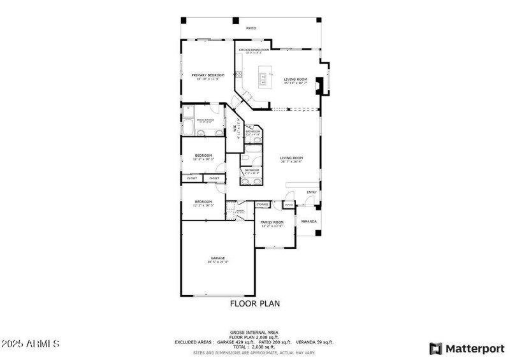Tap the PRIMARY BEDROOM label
(208, 75)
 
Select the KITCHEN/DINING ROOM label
(254, 49)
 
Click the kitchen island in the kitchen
(262, 80)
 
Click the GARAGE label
(218, 258)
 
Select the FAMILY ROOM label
(272, 222)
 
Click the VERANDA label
(309, 222)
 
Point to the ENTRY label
(312, 192)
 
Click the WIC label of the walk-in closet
(235, 127)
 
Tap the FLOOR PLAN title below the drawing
(254, 304)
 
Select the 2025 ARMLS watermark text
(31, 344)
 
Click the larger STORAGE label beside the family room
(263, 205)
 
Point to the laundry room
(240, 211)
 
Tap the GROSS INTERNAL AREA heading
(254, 332)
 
